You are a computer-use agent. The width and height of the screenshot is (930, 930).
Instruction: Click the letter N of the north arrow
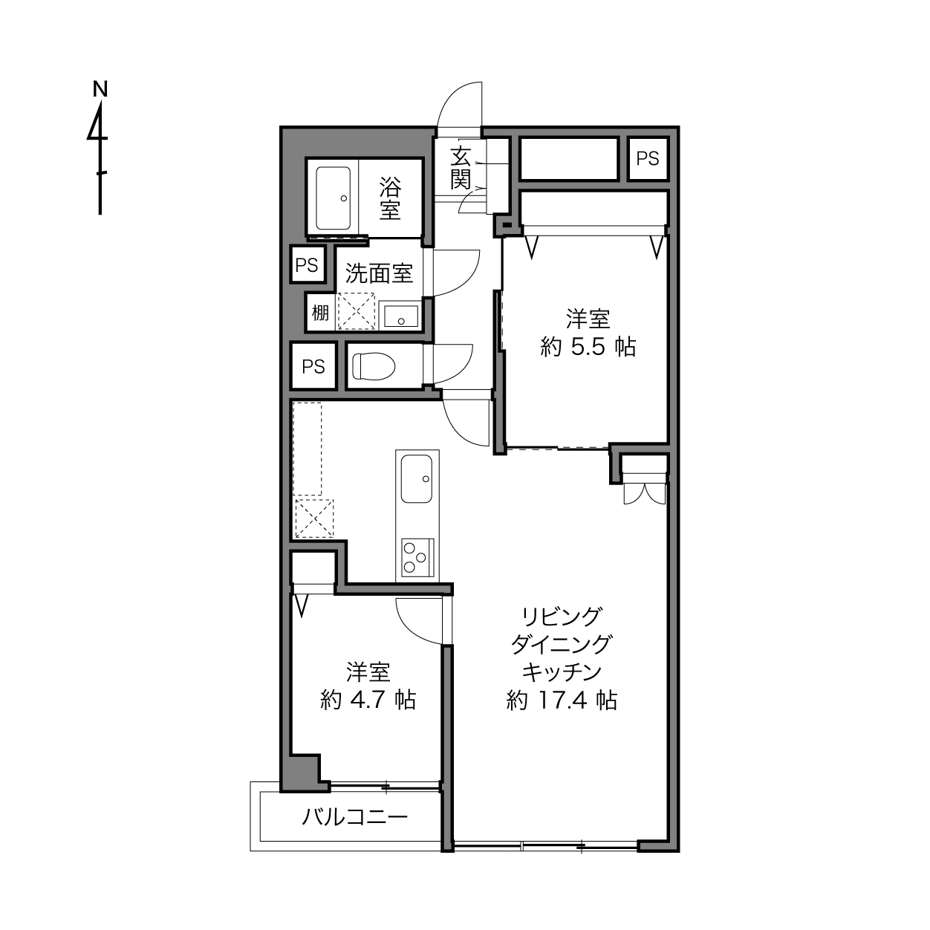pyautogui.click(x=100, y=89)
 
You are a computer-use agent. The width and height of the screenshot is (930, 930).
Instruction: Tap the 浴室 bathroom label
pyautogui.click(x=390, y=198)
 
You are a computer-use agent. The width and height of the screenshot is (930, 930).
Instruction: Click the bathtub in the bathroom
pyautogui.click(x=333, y=198)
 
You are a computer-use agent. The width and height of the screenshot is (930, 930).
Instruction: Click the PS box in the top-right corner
pyautogui.click(x=648, y=159)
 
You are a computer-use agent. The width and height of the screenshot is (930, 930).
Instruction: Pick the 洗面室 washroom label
pyautogui.click(x=379, y=273)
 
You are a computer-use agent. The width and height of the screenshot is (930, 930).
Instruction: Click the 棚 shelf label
pyautogui.click(x=320, y=313)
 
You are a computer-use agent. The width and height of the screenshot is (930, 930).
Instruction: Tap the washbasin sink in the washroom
pyautogui.click(x=400, y=316)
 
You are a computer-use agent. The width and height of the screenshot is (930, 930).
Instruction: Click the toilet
pyautogui.click(x=373, y=366)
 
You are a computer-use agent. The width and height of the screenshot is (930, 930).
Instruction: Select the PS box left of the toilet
pyautogui.click(x=313, y=366)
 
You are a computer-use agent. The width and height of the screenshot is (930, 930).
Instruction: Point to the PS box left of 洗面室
pyautogui.click(x=307, y=264)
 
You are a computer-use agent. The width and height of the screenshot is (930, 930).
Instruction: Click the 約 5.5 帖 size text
pyautogui.click(x=588, y=346)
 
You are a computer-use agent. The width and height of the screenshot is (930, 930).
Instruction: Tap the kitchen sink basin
pyautogui.click(x=417, y=478)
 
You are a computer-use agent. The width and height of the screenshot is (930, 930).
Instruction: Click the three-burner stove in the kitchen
pyautogui.click(x=417, y=557)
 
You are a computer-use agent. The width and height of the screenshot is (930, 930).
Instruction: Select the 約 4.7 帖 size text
pyautogui.click(x=368, y=700)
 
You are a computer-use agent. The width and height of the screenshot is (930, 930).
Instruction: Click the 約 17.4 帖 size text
pyautogui.click(x=562, y=700)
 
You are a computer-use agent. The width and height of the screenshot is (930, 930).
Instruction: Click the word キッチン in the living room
pyautogui.click(x=562, y=672)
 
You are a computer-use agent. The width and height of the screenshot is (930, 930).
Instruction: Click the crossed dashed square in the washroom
pyautogui.click(x=356, y=311)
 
